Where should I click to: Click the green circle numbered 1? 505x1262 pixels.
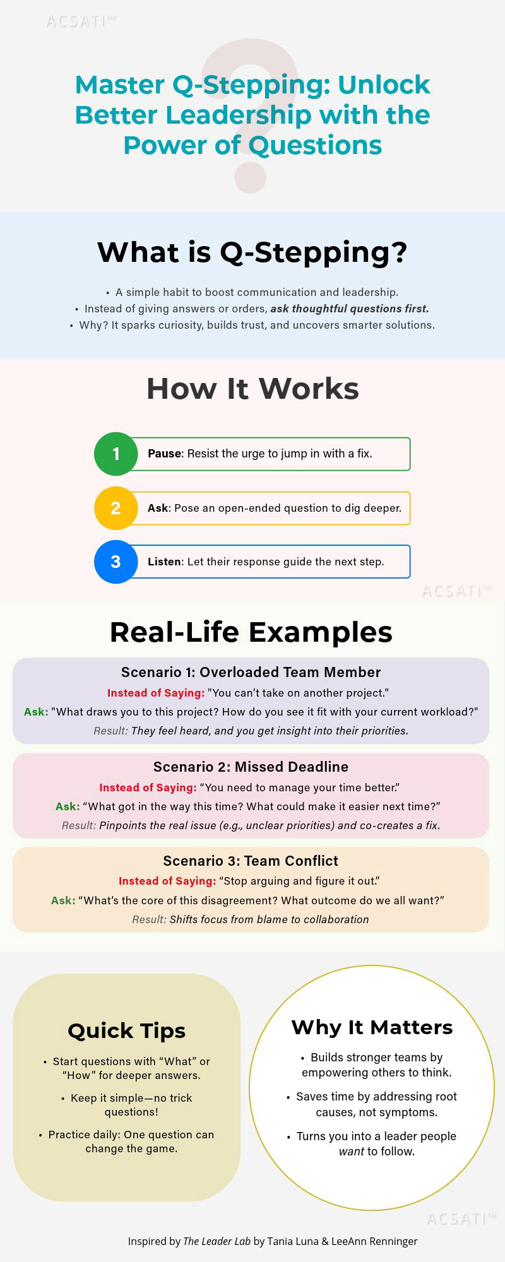(116, 454)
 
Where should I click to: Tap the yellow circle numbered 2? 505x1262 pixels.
(116, 508)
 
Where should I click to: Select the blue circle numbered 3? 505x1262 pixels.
(116, 562)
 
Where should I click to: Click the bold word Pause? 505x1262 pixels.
(164, 454)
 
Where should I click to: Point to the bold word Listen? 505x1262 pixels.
(164, 562)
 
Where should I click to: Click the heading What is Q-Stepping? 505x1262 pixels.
(252, 252)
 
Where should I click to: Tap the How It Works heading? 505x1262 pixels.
(252, 389)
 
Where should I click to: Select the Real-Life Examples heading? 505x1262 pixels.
(251, 632)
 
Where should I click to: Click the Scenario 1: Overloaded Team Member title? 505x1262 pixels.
(251, 673)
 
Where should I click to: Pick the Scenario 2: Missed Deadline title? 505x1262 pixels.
(251, 767)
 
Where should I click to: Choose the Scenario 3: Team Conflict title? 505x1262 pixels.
(251, 861)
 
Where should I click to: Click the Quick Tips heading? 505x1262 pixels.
(126, 1031)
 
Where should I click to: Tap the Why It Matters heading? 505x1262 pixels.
(372, 1027)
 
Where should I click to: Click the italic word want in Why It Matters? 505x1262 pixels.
(351, 1152)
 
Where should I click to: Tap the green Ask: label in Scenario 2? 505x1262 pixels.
(67, 806)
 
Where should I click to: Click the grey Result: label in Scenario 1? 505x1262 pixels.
(110, 731)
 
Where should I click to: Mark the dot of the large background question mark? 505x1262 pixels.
(251, 177)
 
